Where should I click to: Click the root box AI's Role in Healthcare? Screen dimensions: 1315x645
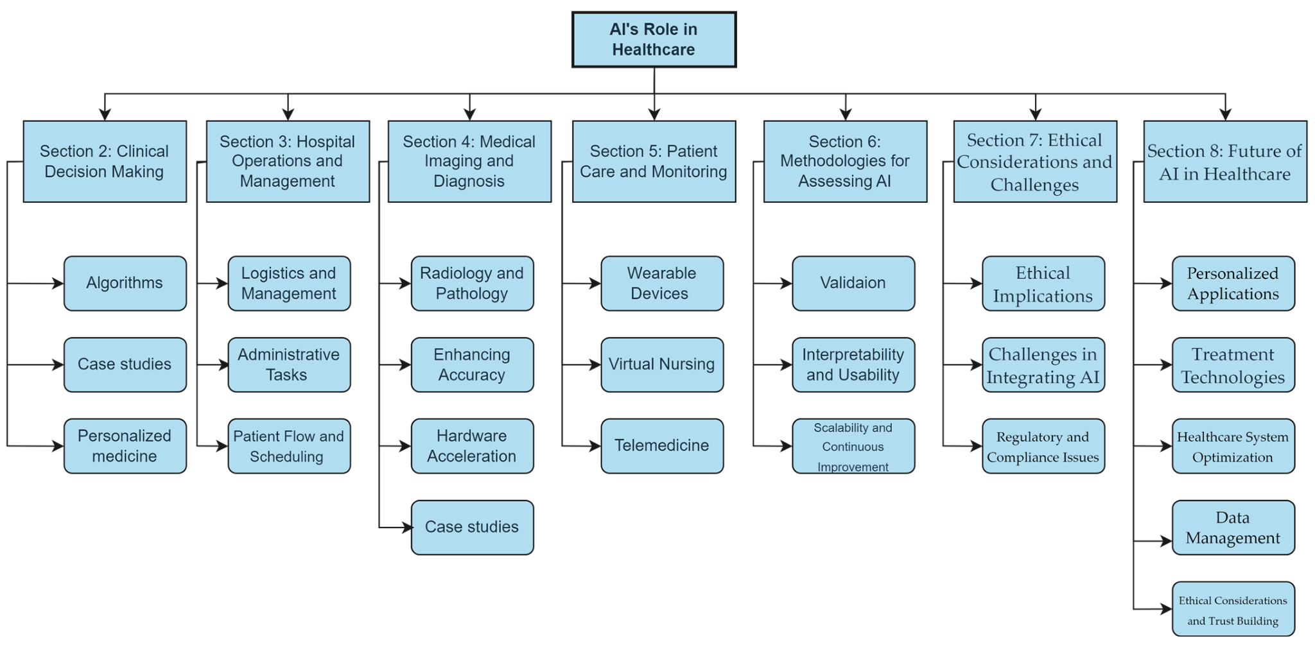point(654,39)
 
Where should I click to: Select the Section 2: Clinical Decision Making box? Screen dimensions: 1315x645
point(105,161)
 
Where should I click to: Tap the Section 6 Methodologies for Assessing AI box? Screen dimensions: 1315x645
point(845,161)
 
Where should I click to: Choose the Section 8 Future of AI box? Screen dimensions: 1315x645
point(1225,161)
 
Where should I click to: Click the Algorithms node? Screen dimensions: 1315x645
point(125,283)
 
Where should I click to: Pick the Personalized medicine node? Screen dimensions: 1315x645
point(125,446)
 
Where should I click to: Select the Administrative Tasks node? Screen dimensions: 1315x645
point(289,365)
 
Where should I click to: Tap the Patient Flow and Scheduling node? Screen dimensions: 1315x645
point(289,446)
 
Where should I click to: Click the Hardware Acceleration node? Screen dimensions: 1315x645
point(472,446)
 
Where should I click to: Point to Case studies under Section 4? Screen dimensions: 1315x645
point(472,528)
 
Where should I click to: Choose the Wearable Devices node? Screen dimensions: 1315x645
point(662,283)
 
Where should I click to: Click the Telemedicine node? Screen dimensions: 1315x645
point(662,446)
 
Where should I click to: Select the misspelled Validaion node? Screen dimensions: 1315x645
point(853,283)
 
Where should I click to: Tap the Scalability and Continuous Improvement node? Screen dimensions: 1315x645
point(853,446)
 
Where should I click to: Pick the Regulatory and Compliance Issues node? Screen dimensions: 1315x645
point(1043,446)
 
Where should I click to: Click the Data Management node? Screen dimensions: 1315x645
point(1233,528)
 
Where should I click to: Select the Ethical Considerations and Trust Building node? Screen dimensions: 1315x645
point(1233,609)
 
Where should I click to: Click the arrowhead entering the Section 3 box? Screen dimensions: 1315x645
point(288,114)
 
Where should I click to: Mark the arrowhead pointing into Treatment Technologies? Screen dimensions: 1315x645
point(1166,365)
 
